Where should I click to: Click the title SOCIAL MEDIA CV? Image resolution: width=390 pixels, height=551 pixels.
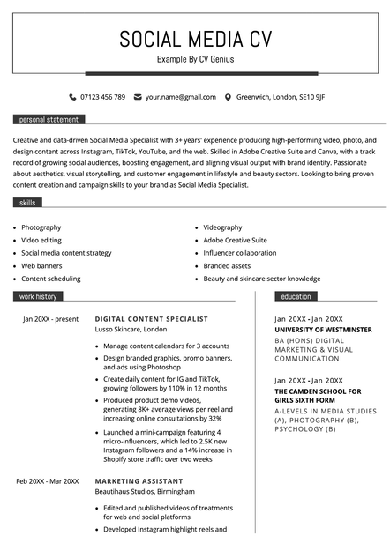pyautogui.click(x=195, y=39)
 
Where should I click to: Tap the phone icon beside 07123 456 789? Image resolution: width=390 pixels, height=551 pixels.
pyautogui.click(x=72, y=97)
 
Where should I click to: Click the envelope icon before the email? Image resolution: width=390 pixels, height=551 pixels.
pyautogui.click(x=138, y=97)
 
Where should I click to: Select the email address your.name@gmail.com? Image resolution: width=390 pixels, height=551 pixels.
pyautogui.click(x=181, y=97)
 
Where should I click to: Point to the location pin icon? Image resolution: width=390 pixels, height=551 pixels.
pyautogui.click(x=228, y=97)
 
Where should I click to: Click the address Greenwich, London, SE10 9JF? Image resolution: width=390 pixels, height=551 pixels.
pyautogui.click(x=281, y=97)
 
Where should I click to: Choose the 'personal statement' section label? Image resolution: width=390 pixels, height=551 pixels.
pyautogui.click(x=49, y=119)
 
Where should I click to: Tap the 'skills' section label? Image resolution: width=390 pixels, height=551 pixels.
pyautogui.click(x=28, y=203)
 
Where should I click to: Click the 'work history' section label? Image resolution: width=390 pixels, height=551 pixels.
pyautogui.click(x=38, y=297)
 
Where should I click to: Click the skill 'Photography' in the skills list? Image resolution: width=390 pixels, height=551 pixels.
pyautogui.click(x=41, y=227)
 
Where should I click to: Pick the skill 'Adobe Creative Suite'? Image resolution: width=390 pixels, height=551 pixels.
pyautogui.click(x=235, y=240)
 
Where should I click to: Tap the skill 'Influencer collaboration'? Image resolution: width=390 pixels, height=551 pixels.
pyautogui.click(x=239, y=253)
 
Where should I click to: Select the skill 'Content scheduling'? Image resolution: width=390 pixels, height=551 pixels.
pyautogui.click(x=51, y=279)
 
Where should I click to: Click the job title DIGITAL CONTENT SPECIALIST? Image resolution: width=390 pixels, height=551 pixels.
pyautogui.click(x=152, y=318)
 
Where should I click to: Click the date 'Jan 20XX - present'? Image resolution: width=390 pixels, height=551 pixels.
pyautogui.click(x=50, y=318)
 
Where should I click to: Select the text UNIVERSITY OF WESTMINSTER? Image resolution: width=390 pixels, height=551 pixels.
pyautogui.click(x=323, y=330)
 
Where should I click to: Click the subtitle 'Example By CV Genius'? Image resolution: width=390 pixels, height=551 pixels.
pyautogui.click(x=195, y=60)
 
